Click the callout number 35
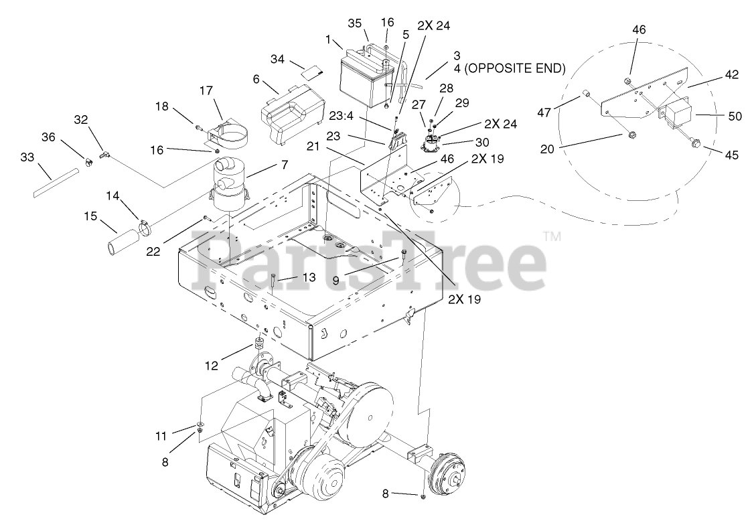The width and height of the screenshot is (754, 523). click(x=354, y=23)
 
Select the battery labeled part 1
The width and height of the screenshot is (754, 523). click(x=362, y=80)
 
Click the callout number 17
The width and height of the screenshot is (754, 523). click(x=206, y=89)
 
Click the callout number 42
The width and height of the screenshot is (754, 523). click(x=731, y=75)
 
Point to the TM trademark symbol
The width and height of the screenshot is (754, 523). click(x=551, y=236)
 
